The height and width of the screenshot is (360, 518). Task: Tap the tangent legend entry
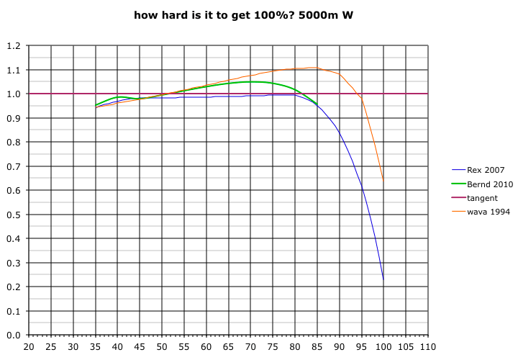pos(482,198)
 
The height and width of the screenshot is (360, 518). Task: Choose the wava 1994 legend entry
pos(489,212)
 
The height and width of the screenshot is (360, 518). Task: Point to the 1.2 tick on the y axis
pos(14,46)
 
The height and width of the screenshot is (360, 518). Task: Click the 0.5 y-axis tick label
pos(14,215)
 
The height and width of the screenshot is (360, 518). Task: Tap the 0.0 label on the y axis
pos(14,335)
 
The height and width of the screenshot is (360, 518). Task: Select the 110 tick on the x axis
pos(428,347)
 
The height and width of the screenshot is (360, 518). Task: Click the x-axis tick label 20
pos(29,347)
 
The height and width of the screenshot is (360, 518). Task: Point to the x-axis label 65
pos(228,347)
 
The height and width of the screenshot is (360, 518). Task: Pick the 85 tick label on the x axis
pos(317,347)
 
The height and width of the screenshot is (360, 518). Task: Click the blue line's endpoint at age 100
pos(383,279)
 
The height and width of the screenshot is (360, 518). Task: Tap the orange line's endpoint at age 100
pos(383,180)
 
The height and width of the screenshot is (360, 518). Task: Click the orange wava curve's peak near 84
pos(314,68)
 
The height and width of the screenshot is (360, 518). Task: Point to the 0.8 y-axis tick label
pos(14,143)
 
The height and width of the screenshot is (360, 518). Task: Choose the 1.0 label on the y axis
pos(14,94)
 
